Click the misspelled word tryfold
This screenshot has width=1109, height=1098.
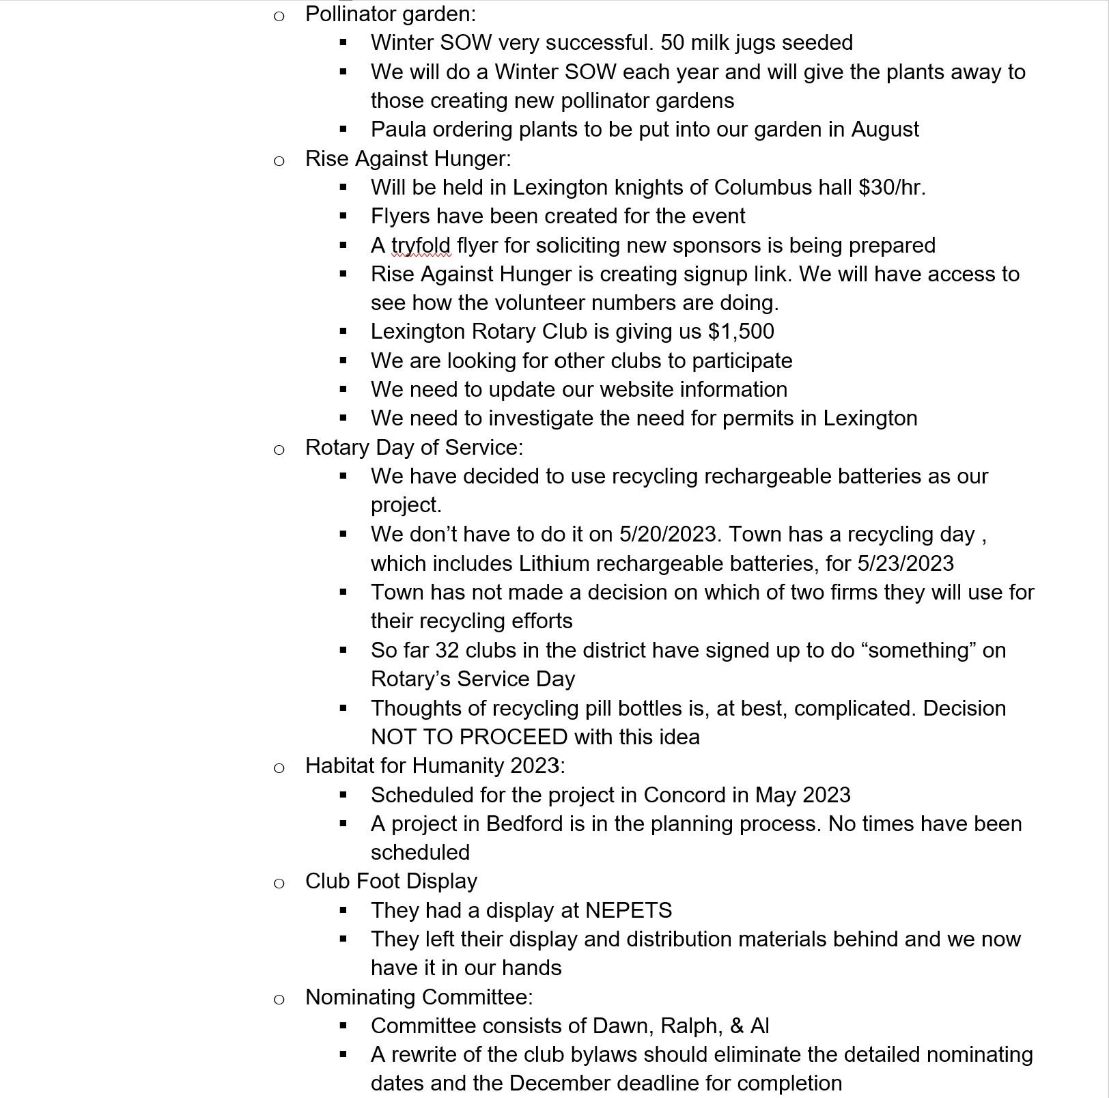[421, 245]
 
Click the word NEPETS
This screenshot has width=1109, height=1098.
[628, 910]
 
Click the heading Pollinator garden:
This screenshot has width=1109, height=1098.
[390, 14]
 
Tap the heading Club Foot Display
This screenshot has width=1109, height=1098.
[391, 881]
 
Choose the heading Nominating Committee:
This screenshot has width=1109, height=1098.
[419, 997]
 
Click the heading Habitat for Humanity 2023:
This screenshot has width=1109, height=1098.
[435, 765]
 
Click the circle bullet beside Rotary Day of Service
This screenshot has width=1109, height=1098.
[279, 449]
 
